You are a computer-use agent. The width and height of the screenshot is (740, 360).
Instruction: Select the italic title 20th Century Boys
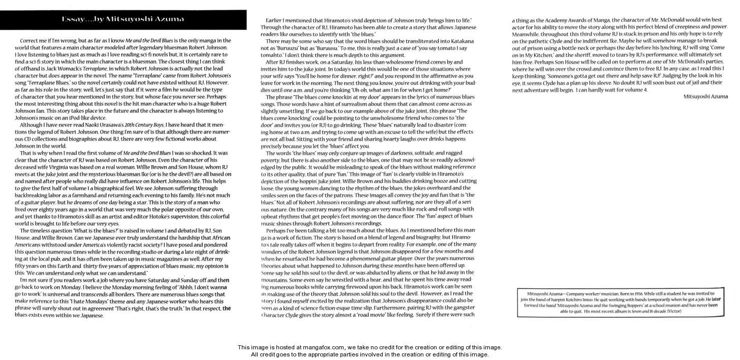(x=141, y=125)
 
